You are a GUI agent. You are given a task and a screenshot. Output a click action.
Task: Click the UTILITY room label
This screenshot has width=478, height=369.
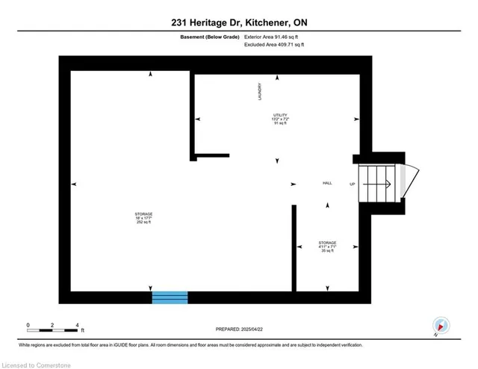click(279, 115)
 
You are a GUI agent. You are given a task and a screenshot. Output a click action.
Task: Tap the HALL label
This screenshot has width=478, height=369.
click(326, 184)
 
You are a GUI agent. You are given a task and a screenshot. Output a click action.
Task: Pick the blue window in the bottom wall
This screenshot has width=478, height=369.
click(170, 297)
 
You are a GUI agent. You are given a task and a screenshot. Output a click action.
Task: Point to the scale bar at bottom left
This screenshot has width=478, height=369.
click(52, 329)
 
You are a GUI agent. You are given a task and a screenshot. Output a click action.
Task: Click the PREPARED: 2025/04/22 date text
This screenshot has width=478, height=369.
click(239, 328)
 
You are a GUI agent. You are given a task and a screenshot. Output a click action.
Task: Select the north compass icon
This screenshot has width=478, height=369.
click(441, 326)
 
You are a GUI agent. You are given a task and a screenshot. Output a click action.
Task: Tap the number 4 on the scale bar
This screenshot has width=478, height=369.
click(78, 325)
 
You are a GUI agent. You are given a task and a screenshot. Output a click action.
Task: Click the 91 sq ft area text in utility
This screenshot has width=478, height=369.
click(279, 123)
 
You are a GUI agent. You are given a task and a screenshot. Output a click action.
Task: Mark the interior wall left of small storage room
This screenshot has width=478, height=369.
click(294, 247)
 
